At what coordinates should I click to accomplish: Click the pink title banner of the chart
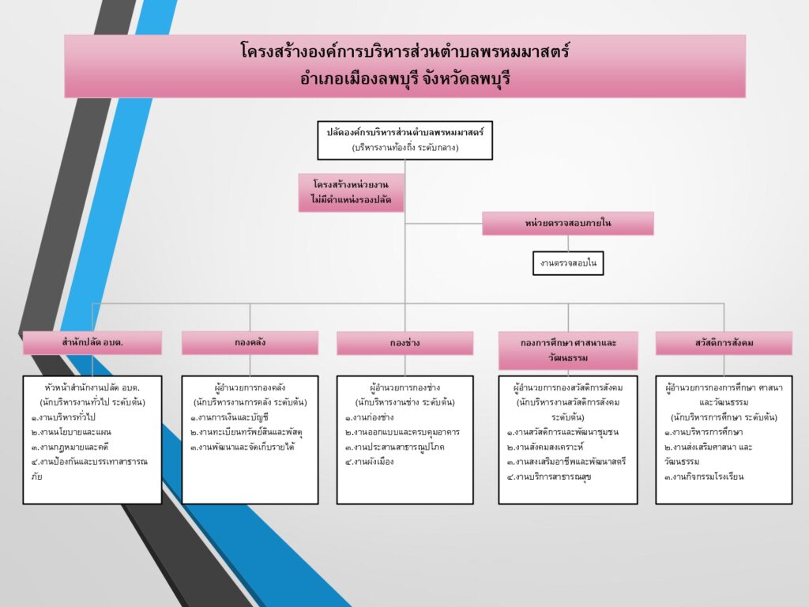tap(404, 66)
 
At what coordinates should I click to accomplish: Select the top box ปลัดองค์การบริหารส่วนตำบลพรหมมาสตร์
tap(404, 140)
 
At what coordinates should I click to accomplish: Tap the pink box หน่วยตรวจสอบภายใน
tap(567, 224)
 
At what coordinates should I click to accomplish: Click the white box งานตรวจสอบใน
tap(567, 262)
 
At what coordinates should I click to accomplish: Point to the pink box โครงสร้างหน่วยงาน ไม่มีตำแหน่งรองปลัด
tap(352, 193)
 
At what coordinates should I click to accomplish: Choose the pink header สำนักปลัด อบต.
tap(92, 343)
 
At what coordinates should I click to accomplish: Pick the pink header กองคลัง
tap(250, 343)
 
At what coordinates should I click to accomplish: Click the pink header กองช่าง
tap(404, 343)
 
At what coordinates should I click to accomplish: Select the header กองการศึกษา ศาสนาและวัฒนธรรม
tap(568, 350)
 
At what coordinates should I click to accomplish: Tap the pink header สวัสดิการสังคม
tap(724, 343)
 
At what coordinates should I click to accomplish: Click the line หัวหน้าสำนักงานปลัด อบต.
tap(92, 388)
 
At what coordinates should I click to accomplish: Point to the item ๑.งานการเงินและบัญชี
tap(230, 417)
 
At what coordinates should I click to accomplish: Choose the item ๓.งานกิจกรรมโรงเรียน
tap(704, 477)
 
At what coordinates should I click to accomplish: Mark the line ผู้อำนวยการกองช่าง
tap(404, 388)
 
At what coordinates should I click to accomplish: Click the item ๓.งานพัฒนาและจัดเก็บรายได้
tap(242, 447)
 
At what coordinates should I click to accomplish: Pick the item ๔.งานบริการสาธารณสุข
tap(545, 477)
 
